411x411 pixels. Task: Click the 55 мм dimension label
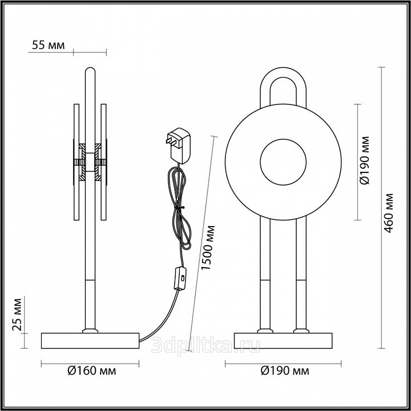click(x=48, y=45)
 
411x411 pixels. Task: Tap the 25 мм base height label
click(x=17, y=315)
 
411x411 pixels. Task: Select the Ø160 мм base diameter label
click(x=92, y=371)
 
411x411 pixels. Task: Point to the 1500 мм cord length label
click(x=208, y=247)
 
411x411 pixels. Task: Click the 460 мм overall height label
click(x=389, y=213)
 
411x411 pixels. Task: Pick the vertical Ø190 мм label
click(x=364, y=160)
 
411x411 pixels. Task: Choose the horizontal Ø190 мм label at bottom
click(x=285, y=371)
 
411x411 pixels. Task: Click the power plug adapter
click(x=179, y=146)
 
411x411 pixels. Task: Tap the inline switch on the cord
click(x=180, y=278)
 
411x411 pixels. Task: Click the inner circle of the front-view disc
click(x=283, y=162)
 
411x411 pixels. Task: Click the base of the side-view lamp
click(x=90, y=340)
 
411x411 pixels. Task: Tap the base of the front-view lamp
click(x=283, y=340)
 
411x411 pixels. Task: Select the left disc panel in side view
click(x=76, y=162)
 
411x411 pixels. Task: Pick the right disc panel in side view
click(x=103, y=162)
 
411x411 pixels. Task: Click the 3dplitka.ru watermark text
click(x=205, y=345)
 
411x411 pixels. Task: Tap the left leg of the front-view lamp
click(x=265, y=274)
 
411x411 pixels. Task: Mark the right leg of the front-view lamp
click(x=301, y=274)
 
